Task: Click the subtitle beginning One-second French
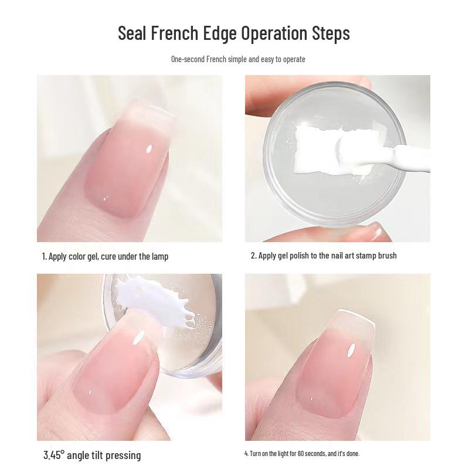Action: click(x=238, y=59)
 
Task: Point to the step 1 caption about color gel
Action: click(x=105, y=256)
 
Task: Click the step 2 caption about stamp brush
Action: click(x=324, y=256)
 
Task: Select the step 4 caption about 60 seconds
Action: click(x=302, y=454)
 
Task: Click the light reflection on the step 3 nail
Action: click(x=140, y=337)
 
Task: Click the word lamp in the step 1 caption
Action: click(x=159, y=256)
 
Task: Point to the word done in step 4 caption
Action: click(x=353, y=454)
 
